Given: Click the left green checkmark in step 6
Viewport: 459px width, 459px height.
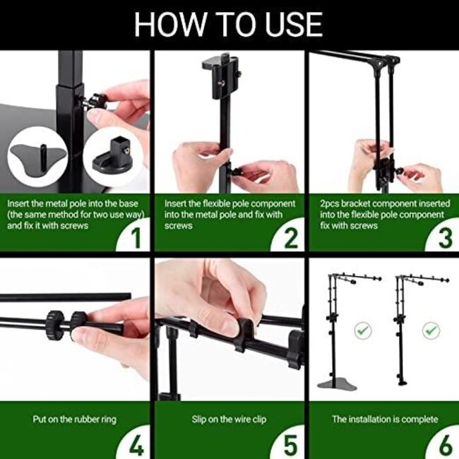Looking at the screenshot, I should click(362, 329).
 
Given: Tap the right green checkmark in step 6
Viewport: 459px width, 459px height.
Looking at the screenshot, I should click(430, 329).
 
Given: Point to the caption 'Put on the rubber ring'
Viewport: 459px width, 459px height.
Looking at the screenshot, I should click(74, 419).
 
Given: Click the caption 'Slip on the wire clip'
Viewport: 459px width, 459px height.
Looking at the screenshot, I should click(229, 419).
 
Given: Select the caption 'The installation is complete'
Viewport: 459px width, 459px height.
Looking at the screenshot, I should click(385, 419).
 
